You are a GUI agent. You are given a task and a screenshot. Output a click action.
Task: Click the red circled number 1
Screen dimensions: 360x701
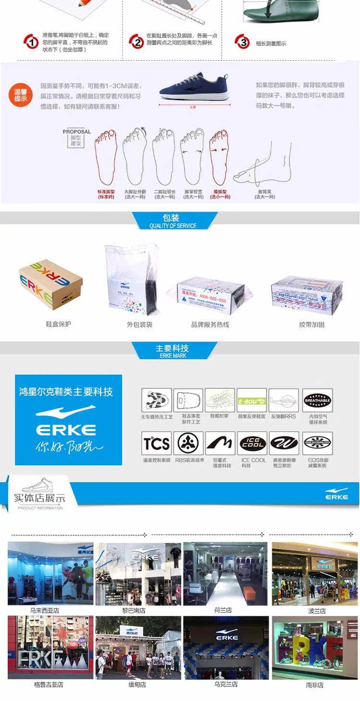(x=31, y=42)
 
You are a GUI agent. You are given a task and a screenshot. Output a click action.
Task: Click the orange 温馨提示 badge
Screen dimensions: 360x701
(x=20, y=95)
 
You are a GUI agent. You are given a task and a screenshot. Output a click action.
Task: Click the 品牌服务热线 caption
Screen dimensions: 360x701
(x=210, y=325)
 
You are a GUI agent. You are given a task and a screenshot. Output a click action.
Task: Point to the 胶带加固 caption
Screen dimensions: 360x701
(x=312, y=325)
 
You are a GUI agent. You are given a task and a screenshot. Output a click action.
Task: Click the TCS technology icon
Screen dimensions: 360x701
(x=156, y=443)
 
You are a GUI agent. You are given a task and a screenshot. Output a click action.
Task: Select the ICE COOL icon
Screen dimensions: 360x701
(x=252, y=443)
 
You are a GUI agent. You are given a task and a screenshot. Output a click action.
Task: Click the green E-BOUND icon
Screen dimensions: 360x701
(x=252, y=400)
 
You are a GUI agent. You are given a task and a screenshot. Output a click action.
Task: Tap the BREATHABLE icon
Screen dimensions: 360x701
(x=317, y=400)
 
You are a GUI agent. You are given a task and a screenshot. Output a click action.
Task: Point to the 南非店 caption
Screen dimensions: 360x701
(x=315, y=685)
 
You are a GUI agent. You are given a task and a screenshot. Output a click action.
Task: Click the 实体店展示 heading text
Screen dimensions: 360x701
(x=39, y=498)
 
